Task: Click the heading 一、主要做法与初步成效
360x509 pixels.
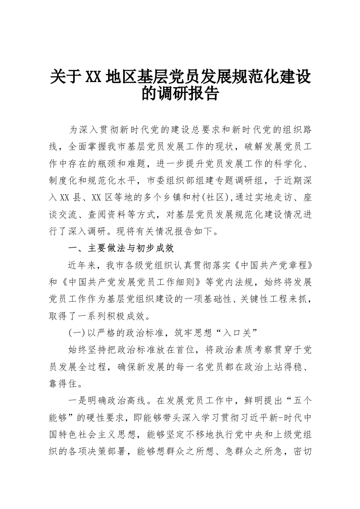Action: (x=121, y=249)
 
